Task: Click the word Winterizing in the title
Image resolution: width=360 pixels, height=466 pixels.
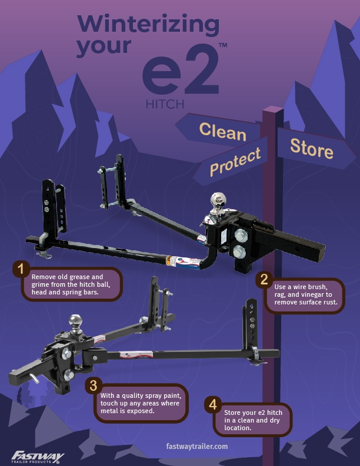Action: pos(148,24)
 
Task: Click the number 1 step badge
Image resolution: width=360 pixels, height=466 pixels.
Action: pos(22,270)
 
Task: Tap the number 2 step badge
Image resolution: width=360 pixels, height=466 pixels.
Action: pos(265,280)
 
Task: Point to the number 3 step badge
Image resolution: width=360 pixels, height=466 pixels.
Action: pos(92,385)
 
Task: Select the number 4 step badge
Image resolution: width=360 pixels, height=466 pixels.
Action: pos(214,404)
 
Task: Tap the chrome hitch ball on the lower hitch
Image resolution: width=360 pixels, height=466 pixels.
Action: pos(76,321)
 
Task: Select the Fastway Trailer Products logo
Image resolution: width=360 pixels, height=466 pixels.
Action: pos(38,455)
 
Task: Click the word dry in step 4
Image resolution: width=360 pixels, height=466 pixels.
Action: pos(279,421)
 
